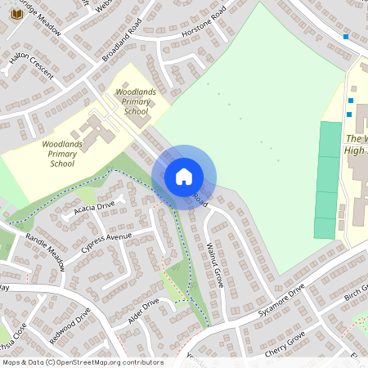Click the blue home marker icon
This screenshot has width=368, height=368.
[x=184, y=177]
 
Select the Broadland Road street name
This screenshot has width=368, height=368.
[x=123, y=41]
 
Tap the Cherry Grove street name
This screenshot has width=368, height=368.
[x=285, y=344]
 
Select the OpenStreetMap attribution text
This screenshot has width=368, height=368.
[x=83, y=362]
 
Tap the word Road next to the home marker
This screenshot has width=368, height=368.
[x=200, y=199]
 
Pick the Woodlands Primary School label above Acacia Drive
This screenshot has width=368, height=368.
[x=62, y=153]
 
